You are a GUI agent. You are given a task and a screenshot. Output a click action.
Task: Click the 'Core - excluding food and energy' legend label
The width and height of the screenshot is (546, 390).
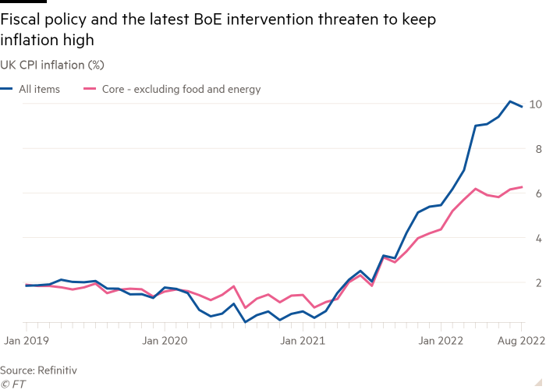point(177,90)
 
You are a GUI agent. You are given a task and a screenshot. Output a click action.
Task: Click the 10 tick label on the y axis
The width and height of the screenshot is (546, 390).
point(534,104)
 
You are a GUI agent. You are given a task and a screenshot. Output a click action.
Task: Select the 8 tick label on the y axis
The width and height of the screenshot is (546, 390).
point(534,148)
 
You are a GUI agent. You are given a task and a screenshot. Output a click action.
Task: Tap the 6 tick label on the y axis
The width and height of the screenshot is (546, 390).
point(534,193)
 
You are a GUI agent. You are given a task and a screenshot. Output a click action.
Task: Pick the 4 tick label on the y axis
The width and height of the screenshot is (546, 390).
point(534,237)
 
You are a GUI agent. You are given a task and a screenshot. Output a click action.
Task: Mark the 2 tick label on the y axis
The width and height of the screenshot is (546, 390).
point(534,282)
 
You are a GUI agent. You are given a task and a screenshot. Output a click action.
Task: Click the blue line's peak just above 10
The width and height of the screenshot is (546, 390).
point(511,101)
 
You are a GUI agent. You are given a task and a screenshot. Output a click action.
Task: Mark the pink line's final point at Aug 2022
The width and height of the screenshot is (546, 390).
point(522,187)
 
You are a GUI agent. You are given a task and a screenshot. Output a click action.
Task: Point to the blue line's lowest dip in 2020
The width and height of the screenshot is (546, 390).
point(245,321)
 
